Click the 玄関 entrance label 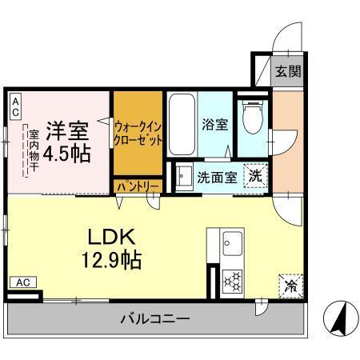(x=289, y=72)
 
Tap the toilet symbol (x=254, y=118)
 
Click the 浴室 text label (x=214, y=125)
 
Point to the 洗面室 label (x=216, y=177)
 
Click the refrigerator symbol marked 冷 (x=290, y=285)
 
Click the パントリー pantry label (x=138, y=186)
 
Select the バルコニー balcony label (x=155, y=319)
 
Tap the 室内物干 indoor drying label (x=34, y=149)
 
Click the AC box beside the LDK (x=22, y=282)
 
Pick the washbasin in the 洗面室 (x=182, y=175)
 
